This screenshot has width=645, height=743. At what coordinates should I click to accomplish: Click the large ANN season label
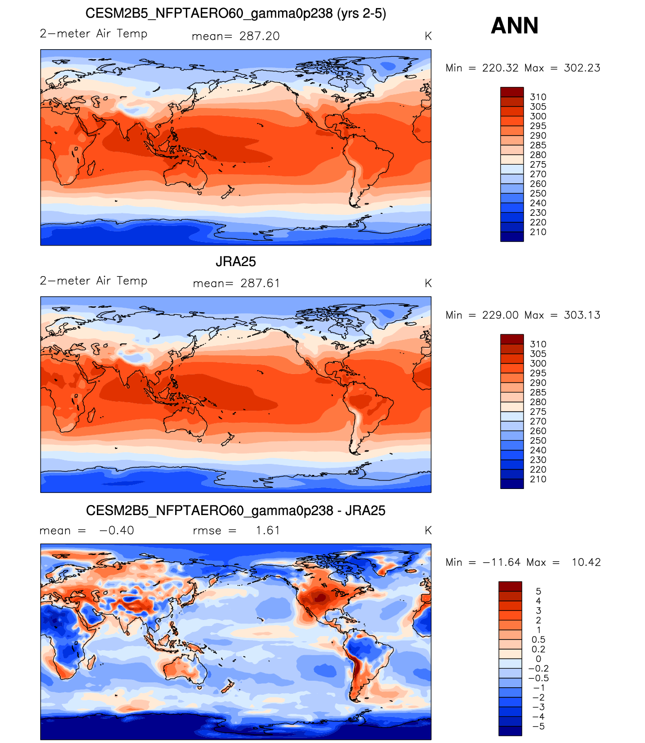click(x=514, y=26)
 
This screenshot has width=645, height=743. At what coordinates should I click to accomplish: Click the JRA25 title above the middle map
click(x=235, y=262)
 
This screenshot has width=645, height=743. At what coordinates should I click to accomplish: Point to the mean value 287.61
click(x=260, y=283)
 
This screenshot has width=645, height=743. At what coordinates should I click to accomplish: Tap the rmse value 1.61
click(x=268, y=531)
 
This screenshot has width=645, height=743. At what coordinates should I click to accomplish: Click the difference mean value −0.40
click(x=116, y=531)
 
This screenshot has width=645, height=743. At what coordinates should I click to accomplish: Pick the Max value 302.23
click(x=582, y=68)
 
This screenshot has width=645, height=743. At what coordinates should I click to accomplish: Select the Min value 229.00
click(x=500, y=315)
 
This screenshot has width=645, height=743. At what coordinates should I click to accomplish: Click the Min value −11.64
click(x=502, y=562)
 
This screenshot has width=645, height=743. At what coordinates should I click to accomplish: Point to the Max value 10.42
click(x=586, y=562)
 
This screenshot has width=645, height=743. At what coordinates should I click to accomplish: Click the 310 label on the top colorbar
click(x=538, y=97)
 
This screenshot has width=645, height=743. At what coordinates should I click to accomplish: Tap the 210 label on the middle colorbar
click(x=538, y=479)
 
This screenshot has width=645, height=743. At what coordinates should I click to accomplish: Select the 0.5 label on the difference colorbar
click(x=538, y=640)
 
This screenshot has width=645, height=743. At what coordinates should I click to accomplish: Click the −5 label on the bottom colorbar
click(x=538, y=726)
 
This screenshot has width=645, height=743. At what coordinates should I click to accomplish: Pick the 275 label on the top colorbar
click(x=538, y=165)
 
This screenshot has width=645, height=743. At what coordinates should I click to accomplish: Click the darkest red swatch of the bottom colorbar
click(x=510, y=586)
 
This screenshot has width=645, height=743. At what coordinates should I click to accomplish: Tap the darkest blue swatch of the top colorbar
click(x=511, y=236)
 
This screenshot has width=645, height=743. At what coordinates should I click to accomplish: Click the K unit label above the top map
click(x=428, y=36)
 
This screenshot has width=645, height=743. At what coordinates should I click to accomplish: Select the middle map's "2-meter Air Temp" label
click(x=93, y=281)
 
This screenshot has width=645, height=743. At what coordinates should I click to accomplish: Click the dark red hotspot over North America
click(x=320, y=597)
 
